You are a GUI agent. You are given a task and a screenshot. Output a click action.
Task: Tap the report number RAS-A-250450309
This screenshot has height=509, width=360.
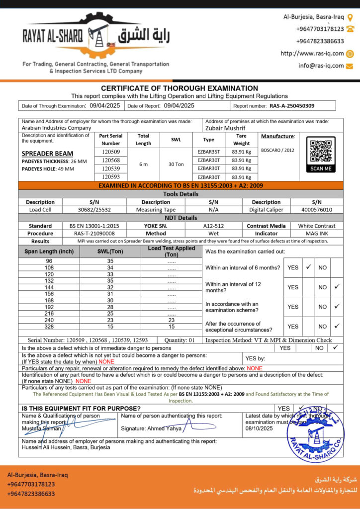(x=292, y=106)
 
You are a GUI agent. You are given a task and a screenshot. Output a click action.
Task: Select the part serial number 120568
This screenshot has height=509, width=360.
(x=111, y=160)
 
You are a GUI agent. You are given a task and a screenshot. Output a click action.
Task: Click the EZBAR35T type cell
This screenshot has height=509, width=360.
(x=208, y=152)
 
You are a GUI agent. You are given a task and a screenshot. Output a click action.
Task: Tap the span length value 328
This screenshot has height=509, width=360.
(x=49, y=326)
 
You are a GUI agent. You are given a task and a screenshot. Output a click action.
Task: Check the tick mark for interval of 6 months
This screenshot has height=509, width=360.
(x=308, y=267)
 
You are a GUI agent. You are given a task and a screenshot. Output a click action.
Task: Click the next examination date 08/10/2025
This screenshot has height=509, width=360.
(x=259, y=428)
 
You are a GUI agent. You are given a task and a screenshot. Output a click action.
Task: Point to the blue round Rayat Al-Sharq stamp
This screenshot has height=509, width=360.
(x=315, y=434)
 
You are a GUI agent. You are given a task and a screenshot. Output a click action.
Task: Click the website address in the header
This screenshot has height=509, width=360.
(x=312, y=54)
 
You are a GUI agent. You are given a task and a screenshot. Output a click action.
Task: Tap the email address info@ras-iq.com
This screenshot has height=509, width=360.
(x=321, y=66)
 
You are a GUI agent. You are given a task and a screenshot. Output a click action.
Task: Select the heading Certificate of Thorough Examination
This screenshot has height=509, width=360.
(x=180, y=88)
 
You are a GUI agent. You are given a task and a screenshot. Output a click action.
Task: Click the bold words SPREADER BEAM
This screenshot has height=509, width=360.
(x=48, y=154)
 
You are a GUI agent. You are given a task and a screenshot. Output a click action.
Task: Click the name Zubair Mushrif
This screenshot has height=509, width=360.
(x=225, y=128)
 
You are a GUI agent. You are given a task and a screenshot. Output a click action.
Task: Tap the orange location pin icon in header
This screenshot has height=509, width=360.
(x=350, y=17)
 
